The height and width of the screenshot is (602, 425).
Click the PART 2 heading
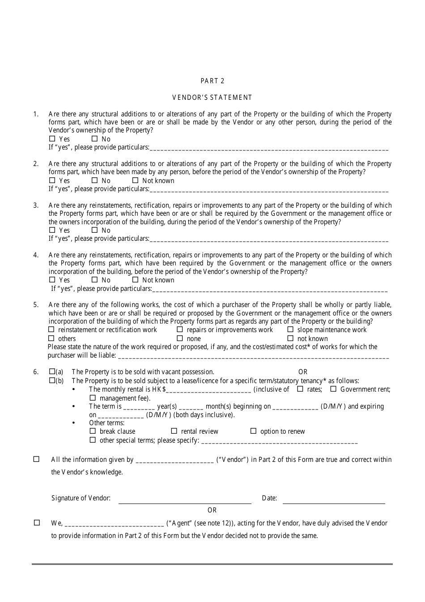tap(212, 81)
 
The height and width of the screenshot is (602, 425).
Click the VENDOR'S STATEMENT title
tap(212, 98)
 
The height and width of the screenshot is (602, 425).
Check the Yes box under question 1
tap(52, 139)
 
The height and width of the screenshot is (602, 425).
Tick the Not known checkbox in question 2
tap(136, 180)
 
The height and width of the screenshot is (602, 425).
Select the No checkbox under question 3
tap(94, 230)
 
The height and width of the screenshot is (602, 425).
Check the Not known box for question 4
tap(136, 280)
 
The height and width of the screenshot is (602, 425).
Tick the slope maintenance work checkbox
tap(290, 329)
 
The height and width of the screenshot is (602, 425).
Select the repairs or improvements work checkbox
tap(180, 329)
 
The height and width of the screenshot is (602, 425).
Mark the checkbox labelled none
tap(180, 338)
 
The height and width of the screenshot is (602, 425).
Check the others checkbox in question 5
tap(51, 338)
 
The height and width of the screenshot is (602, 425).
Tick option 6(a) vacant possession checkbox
tap(52, 371)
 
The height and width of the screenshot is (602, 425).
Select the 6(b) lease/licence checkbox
tap(52, 380)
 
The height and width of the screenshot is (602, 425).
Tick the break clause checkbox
tap(93, 431)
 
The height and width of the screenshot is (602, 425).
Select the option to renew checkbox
tap(253, 431)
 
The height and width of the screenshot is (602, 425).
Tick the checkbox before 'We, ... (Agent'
tap(37, 522)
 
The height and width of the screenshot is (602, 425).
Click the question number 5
tap(36, 305)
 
